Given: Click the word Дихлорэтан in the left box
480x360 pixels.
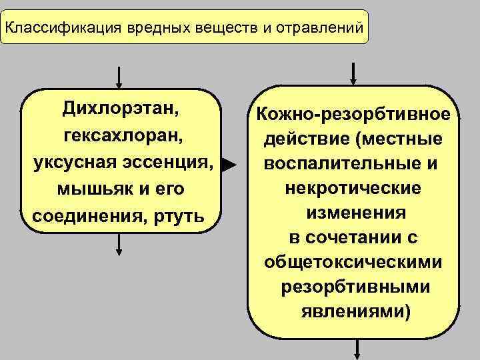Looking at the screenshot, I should [123, 108].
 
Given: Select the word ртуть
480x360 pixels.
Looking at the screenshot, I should [185, 217].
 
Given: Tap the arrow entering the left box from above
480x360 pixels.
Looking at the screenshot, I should [119, 78].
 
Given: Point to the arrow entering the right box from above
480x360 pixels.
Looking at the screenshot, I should [353, 72].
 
